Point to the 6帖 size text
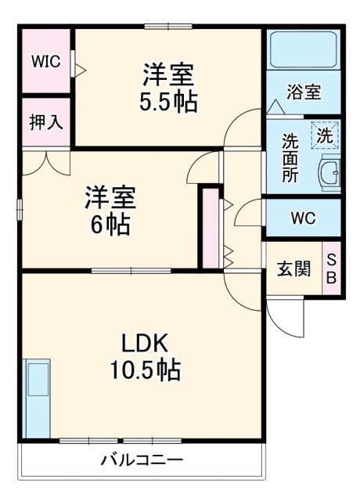coord(110,225)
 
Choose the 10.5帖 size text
coord(145,369)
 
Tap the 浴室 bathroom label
coord(304,92)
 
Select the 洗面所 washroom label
coord(290,157)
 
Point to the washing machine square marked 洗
coord(324,134)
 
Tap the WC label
coord(303,218)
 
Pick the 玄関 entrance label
coord(294,269)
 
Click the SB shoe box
coord(332,269)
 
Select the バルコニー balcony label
coord(142,460)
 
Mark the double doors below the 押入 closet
coord(46,163)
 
